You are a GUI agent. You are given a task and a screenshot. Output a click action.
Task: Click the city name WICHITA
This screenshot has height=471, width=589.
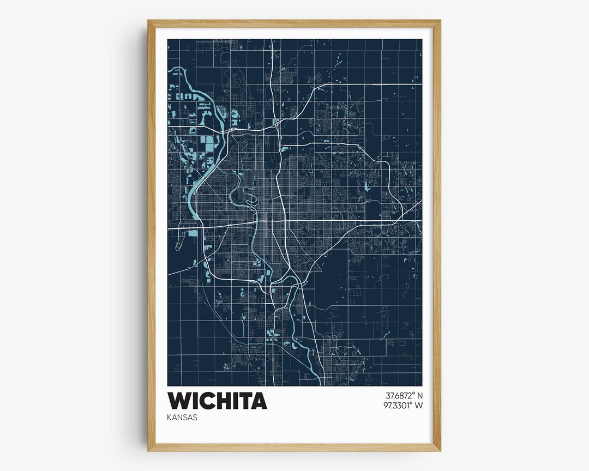pos(217,401)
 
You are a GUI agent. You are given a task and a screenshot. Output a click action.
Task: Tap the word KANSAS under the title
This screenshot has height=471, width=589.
pos(183,418)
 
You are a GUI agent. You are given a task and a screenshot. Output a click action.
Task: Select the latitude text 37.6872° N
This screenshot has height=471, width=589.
pos(404,395)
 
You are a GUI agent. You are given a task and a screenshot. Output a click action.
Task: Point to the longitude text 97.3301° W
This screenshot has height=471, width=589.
pos(404,405)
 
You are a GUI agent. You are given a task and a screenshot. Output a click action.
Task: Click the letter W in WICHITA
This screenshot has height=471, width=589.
pos(180,401)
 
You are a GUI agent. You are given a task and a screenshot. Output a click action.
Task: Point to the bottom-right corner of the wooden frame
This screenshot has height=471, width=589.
pos(440,450)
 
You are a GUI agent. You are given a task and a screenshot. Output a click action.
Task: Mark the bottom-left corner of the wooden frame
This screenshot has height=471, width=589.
pos(149,450)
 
